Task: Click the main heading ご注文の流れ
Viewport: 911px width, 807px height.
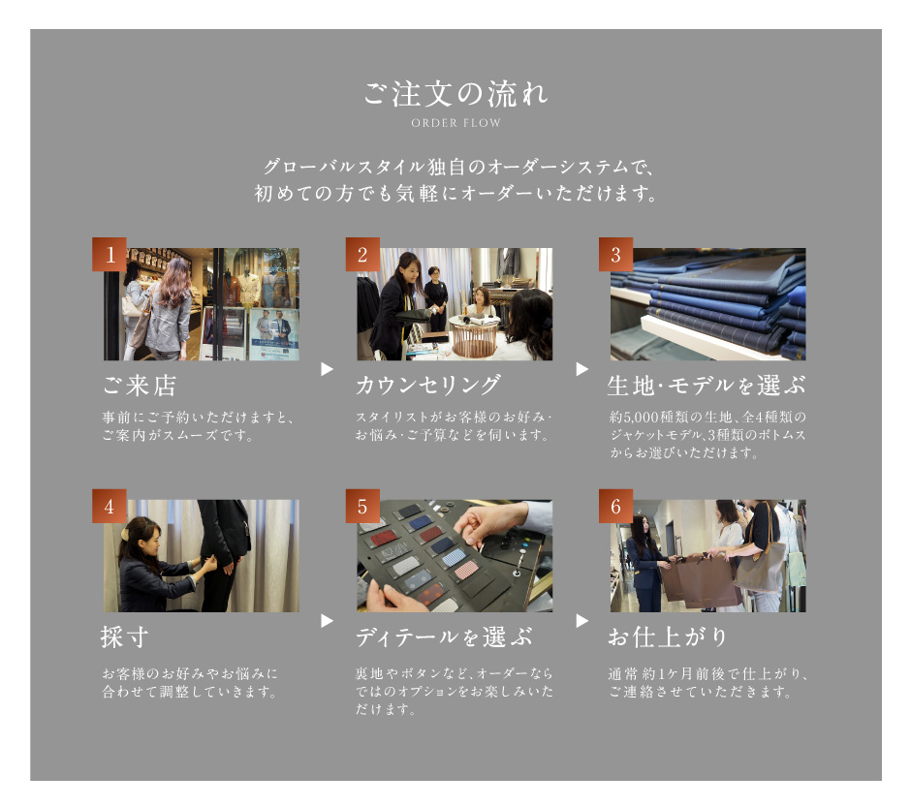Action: point(455,94)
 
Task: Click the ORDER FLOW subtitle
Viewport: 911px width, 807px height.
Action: point(455,123)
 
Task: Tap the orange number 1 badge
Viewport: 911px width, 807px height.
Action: point(110,254)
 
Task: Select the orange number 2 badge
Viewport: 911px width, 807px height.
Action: point(362,254)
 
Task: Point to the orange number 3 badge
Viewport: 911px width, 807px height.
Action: point(615,254)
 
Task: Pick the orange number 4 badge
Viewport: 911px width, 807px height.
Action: point(110,507)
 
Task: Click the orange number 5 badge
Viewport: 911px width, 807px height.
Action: point(362,507)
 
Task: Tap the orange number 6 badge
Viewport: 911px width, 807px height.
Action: point(615,507)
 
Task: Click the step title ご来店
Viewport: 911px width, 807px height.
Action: point(140,386)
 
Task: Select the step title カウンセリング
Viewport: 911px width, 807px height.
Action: point(428,386)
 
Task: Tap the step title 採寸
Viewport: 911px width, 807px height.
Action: point(124,636)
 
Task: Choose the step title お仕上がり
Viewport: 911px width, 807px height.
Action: point(668,636)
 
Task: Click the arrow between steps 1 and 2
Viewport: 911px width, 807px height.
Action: point(328,369)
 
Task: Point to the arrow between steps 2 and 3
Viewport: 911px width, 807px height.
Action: point(581,369)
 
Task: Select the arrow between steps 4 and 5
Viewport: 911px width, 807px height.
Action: point(328,621)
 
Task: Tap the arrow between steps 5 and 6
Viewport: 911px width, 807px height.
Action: point(581,621)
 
